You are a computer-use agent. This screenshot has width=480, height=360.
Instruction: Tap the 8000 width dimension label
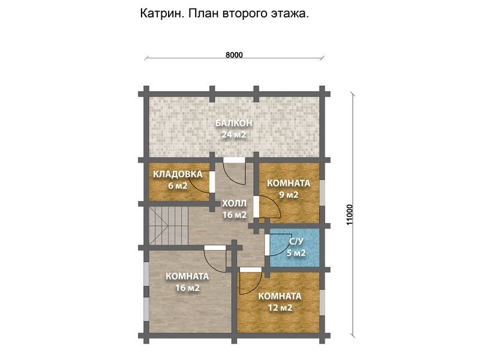(234, 55)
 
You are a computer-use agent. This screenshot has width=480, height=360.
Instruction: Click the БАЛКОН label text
(234, 123)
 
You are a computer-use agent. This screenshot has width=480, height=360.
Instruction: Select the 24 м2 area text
(234, 134)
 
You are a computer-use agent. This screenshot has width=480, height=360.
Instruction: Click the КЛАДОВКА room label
(178, 175)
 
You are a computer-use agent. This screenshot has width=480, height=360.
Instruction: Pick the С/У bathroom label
(296, 242)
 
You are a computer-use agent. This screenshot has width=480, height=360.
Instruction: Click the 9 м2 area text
(289, 195)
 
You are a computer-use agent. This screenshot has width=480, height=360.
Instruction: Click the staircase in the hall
(160, 226)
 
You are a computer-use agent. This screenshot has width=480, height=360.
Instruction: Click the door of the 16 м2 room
(214, 258)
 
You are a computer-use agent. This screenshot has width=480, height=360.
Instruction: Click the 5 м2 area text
(296, 253)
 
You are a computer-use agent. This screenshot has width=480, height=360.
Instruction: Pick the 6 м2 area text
(178, 186)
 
